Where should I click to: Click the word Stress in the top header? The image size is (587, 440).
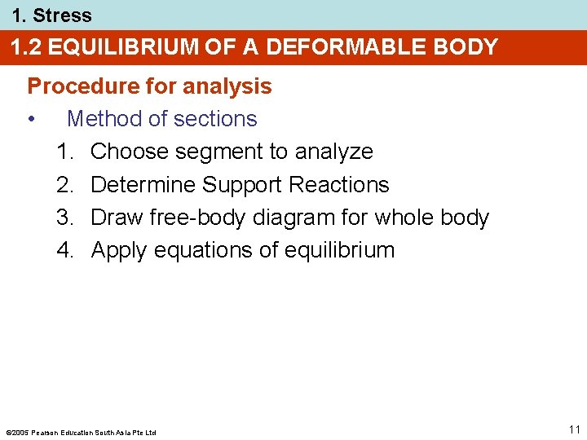point(62,15)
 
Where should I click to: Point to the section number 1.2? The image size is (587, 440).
point(26,47)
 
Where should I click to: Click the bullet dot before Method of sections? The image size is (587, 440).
point(31,120)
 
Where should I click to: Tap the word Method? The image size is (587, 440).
point(104,119)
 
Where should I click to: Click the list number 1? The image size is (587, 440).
point(64,152)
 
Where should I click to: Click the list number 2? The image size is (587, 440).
point(64,185)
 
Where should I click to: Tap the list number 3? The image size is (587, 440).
point(64,218)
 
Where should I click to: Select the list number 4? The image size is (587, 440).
point(64,250)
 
